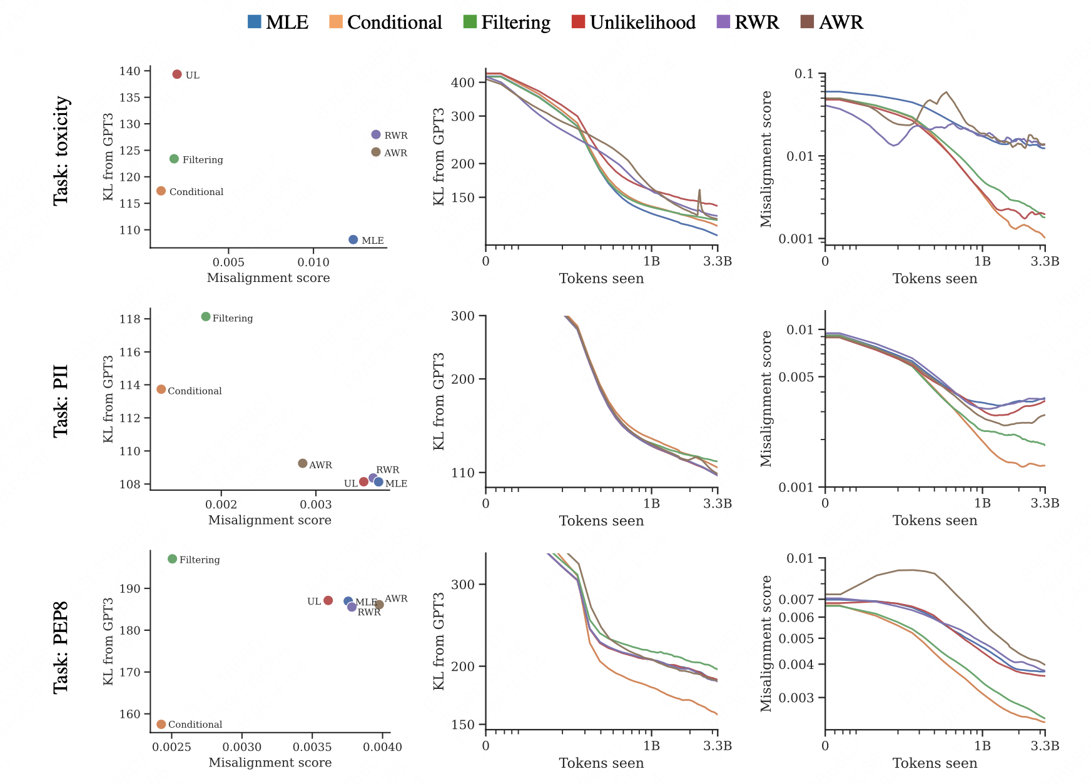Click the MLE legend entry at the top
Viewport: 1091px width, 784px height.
278,23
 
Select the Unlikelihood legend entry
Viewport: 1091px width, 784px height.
634,23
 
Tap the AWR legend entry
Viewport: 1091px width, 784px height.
832,23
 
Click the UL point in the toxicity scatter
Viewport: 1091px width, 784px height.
177,74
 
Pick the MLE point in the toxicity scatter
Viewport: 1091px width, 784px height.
353,240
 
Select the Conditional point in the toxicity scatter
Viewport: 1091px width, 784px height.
161,191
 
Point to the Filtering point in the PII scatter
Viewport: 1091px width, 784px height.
206,317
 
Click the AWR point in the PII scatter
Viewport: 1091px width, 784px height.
303,463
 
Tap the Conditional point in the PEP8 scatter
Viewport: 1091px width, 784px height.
161,724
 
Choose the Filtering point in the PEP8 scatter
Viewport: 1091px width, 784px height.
173,559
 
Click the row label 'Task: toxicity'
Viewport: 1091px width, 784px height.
61,151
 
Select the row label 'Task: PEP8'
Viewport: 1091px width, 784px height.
61,647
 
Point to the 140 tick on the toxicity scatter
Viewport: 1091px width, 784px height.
130,71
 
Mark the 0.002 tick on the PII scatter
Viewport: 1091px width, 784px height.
221,505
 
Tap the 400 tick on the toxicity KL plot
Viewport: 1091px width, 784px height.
464,83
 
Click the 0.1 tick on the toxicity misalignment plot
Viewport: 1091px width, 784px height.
804,74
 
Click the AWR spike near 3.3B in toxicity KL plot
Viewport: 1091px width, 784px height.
699,190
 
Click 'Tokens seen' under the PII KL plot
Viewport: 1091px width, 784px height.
601,521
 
